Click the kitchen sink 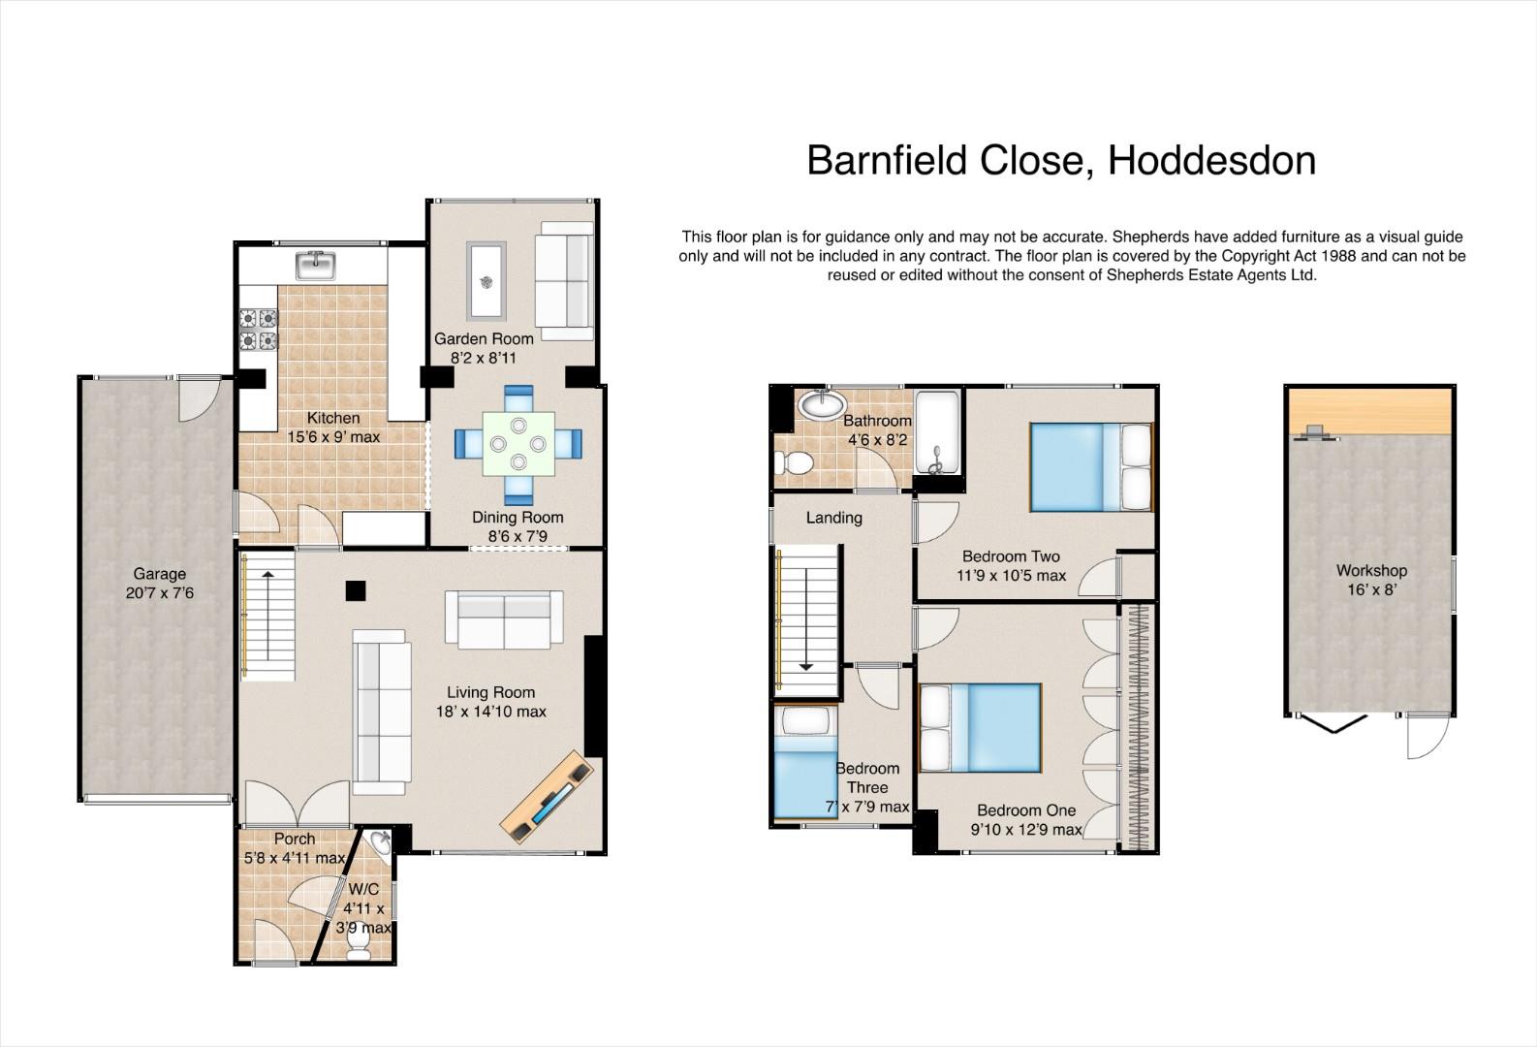point(316,266)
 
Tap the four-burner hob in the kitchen point(259,330)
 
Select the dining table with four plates point(518,443)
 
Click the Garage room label point(159,573)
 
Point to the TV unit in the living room point(547,797)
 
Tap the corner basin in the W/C point(381,841)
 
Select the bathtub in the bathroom point(937,432)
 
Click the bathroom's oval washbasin point(822,403)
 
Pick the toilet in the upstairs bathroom point(793,462)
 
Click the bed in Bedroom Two point(1091,467)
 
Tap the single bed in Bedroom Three point(805,762)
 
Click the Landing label point(833,518)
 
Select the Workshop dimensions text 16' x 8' point(1371,589)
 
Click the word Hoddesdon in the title point(1211,161)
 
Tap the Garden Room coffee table point(486,281)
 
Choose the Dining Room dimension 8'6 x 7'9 point(518,536)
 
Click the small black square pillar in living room point(356,590)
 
